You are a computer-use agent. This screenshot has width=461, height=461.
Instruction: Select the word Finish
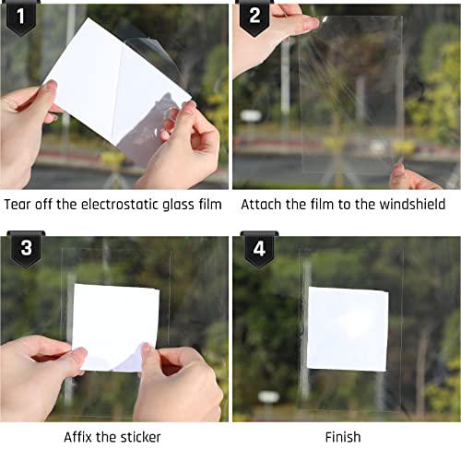(343, 436)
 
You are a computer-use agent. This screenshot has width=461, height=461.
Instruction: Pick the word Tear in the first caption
(20, 204)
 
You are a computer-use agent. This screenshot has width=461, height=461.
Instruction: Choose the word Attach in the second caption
(262, 204)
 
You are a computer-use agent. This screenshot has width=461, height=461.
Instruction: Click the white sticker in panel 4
(348, 328)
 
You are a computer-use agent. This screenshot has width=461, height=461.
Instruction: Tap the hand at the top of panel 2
(267, 37)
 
